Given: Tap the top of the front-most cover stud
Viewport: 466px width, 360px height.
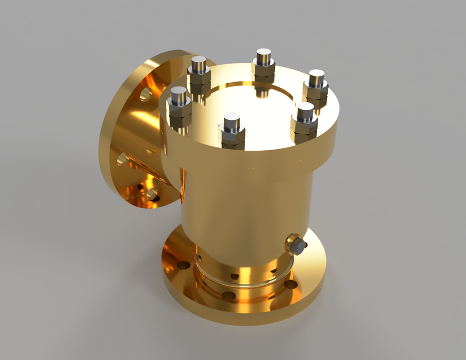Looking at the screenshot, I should pyautogui.click(x=232, y=119).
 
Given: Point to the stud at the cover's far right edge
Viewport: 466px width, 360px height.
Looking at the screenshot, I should pyautogui.click(x=316, y=75).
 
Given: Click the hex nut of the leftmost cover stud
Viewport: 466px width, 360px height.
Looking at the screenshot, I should pyautogui.click(x=179, y=108).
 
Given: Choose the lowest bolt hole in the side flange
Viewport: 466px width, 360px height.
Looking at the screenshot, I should pyautogui.click(x=152, y=194).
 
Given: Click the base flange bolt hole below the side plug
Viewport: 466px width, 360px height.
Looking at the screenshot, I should pyautogui.click(x=291, y=285).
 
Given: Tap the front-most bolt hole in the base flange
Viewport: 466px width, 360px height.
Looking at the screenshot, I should pyautogui.click(x=228, y=296).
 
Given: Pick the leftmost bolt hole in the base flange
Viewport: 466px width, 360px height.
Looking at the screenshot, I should pyautogui.click(x=182, y=265).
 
